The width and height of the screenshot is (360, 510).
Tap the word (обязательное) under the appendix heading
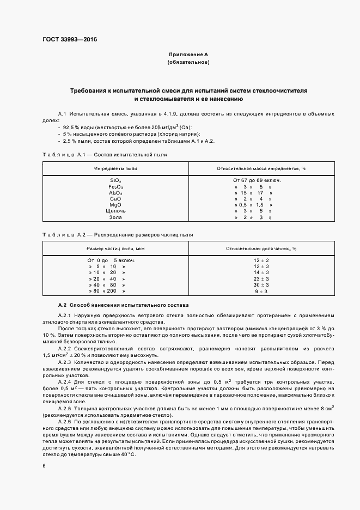188,63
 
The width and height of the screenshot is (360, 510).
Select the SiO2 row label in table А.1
115,180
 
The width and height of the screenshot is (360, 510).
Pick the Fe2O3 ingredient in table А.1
115,186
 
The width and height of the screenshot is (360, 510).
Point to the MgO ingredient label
115,205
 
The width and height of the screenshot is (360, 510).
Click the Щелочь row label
115,211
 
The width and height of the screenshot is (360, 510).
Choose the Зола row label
115,217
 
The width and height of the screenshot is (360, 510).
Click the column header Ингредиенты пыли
115,168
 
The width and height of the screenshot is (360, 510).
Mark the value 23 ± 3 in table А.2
261,278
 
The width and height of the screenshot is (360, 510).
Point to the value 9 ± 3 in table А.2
261,292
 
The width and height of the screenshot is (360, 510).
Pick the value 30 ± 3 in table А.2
261,285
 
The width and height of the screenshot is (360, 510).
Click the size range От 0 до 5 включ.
111,260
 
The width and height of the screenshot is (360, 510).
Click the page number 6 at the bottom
44,466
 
